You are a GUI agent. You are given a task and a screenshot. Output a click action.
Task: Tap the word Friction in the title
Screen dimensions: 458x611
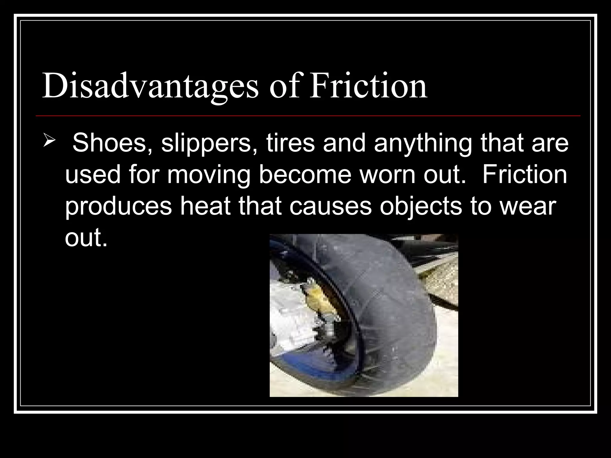point(368,85)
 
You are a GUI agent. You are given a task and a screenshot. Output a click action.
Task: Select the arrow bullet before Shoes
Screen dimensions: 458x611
point(48,140)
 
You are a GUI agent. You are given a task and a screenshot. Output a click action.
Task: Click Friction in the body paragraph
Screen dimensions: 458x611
point(524,175)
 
